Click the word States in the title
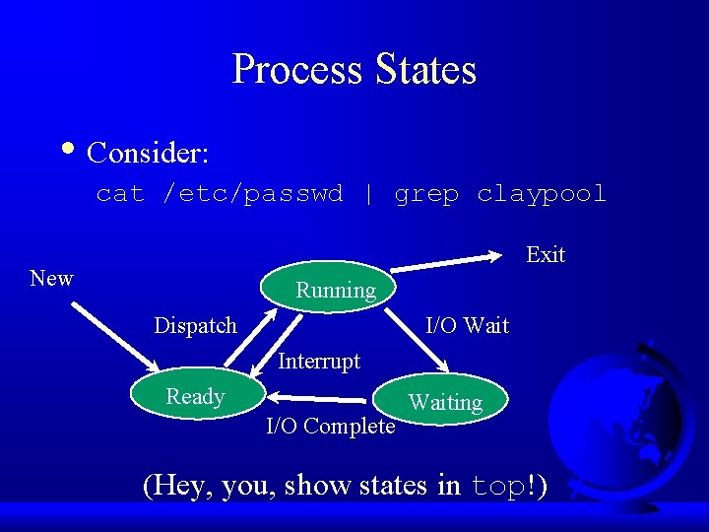[425, 70]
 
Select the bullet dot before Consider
[66, 150]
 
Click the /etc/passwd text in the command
[253, 194]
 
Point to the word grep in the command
[426, 194]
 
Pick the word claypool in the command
[542, 194]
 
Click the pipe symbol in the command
[368, 194]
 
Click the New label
[51, 278]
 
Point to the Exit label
[546, 254]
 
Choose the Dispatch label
[195, 325]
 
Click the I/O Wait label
[467, 325]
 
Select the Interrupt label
[319, 361]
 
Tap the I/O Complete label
[331, 426]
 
